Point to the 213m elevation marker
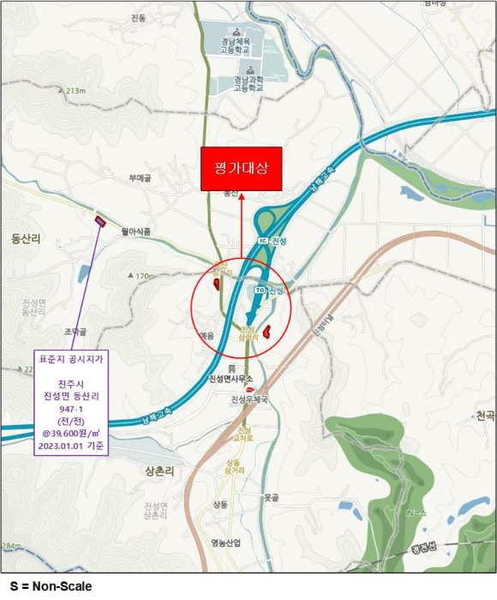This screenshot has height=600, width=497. coord(76,91)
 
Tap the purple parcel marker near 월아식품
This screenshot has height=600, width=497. coord(100,221)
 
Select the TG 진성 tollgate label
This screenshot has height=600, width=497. coord(270,291)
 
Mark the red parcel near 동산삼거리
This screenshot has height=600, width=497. coord(217,282)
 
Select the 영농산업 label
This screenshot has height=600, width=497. coord(225,543)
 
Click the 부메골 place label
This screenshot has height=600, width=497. coord(140,178)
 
